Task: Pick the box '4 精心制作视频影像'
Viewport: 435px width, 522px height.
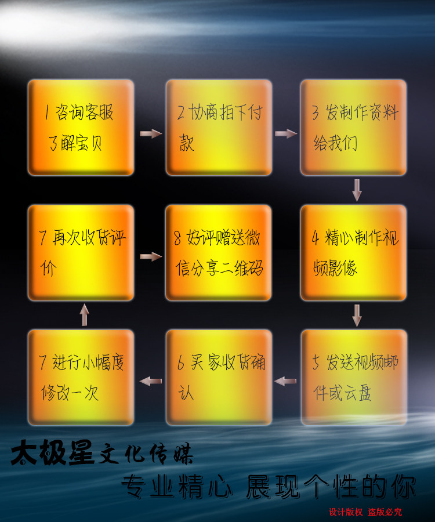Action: point(353,253)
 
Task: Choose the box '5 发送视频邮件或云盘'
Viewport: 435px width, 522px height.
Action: point(353,378)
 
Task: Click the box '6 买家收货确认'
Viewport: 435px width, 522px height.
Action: point(219,378)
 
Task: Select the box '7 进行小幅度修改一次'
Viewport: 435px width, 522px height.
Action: point(81,378)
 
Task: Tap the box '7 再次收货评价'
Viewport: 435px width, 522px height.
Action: point(81,253)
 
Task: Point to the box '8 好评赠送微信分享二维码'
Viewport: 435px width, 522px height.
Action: point(219,253)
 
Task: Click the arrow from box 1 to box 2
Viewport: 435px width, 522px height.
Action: point(151,134)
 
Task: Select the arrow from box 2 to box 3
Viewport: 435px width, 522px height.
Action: point(285,134)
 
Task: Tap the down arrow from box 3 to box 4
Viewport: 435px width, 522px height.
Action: point(357,190)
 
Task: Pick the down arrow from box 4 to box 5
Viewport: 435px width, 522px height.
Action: point(357,315)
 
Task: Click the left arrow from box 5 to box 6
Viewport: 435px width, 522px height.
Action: point(285,381)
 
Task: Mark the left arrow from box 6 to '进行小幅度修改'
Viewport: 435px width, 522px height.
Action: point(151,381)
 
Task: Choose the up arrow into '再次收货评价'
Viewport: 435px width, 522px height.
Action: point(85,315)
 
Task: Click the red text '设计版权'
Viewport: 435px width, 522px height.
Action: point(346,512)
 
